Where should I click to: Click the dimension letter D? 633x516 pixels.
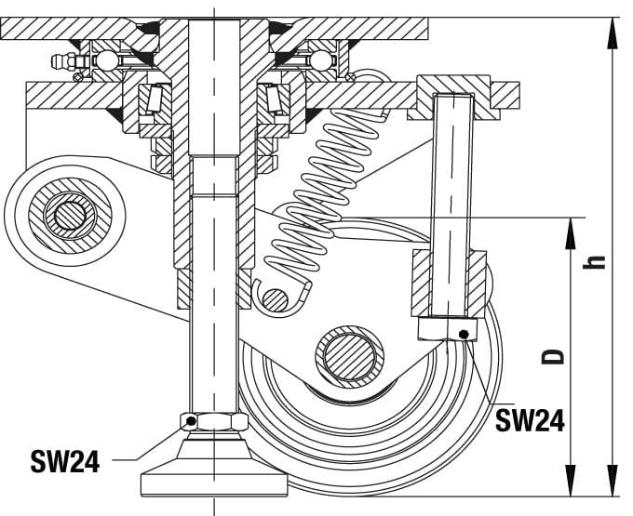pyautogui.click(x=555, y=356)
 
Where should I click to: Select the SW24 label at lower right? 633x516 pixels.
pyautogui.click(x=529, y=420)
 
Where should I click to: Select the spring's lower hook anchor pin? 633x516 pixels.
pyautogui.click(x=275, y=298)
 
